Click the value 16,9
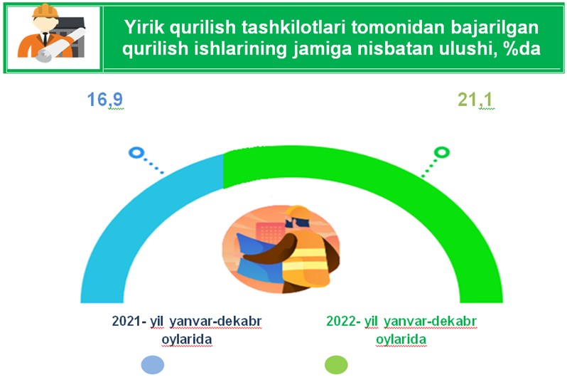pyautogui.click(x=105, y=100)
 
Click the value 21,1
pyautogui.click(x=475, y=100)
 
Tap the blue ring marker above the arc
pyautogui.click(x=136, y=152)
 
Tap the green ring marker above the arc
pyautogui.click(x=442, y=152)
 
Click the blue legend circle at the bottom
pyautogui.click(x=153, y=364)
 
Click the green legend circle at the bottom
pyautogui.click(x=336, y=364)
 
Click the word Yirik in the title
pyautogui.click(x=144, y=27)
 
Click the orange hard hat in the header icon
pyautogui.click(x=45, y=11)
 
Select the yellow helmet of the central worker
pyautogui.click(x=298, y=212)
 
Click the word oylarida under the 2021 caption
pyautogui.click(x=187, y=340)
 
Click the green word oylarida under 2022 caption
pyautogui.click(x=401, y=340)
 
